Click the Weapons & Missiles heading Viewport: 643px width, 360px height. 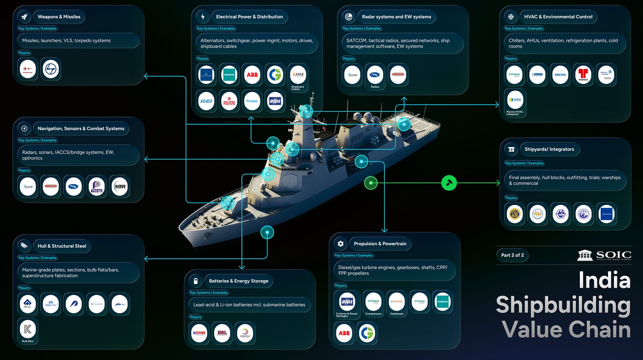(x=59, y=17)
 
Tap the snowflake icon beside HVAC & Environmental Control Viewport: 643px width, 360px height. (x=511, y=17)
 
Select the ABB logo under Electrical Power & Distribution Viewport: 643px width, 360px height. (x=252, y=75)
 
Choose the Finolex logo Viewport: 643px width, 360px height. (x=252, y=101)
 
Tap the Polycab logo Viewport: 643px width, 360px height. (x=229, y=101)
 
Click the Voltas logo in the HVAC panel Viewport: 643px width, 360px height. (x=560, y=75)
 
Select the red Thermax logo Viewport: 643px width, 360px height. (x=583, y=75)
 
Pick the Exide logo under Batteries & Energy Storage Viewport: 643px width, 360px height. (x=199, y=333)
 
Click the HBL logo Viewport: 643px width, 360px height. (x=222, y=333)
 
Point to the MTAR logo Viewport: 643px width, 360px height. (x=119, y=187)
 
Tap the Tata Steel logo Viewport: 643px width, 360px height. (x=51, y=304)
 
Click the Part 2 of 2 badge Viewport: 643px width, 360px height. (x=512, y=255)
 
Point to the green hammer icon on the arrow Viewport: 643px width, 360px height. (x=449, y=182)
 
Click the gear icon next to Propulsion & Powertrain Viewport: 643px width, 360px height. (x=340, y=243)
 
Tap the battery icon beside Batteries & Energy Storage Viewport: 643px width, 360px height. (x=195, y=281)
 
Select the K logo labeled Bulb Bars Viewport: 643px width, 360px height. (x=27, y=328)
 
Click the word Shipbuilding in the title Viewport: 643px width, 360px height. (x=563, y=305)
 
